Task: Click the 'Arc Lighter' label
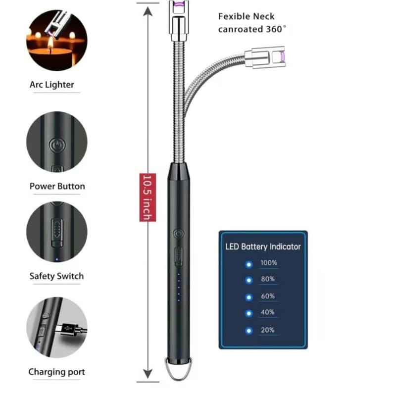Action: [52, 85]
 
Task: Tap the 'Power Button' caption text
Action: [57, 187]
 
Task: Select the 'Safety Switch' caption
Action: [56, 276]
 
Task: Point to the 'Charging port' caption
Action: [56, 372]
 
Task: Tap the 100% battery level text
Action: [269, 262]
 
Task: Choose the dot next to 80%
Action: [248, 280]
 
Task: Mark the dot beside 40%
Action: [248, 313]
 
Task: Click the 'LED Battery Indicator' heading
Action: [263, 246]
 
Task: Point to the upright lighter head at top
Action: [178, 20]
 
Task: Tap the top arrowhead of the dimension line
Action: [147, 9]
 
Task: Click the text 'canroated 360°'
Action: [252, 29]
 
